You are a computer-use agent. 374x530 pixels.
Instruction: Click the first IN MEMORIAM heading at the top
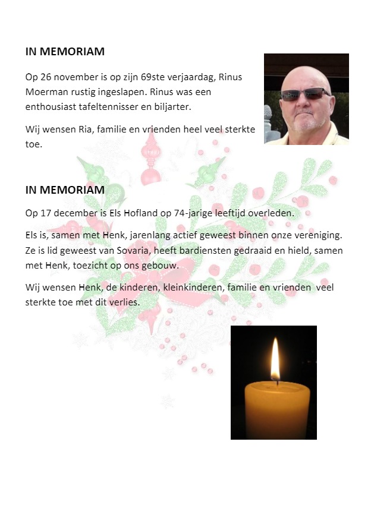point(65,52)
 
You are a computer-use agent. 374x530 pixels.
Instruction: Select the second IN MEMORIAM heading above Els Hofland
point(65,190)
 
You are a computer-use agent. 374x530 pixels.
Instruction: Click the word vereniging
point(321,235)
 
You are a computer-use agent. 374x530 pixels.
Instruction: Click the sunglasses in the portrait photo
point(306,94)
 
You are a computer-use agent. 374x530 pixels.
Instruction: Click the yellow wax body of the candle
point(278,409)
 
